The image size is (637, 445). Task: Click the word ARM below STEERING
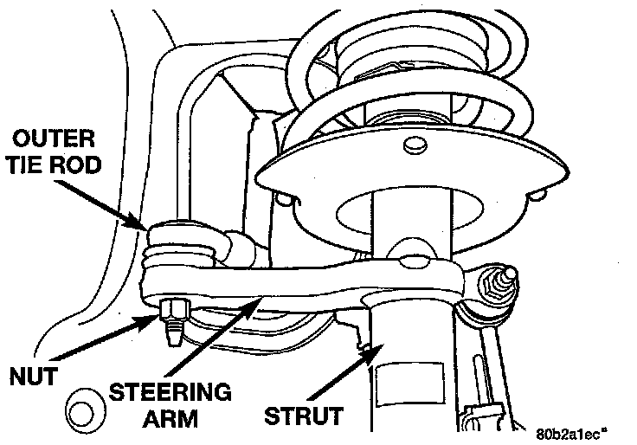click(170, 421)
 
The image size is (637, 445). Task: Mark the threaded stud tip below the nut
click(174, 333)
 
